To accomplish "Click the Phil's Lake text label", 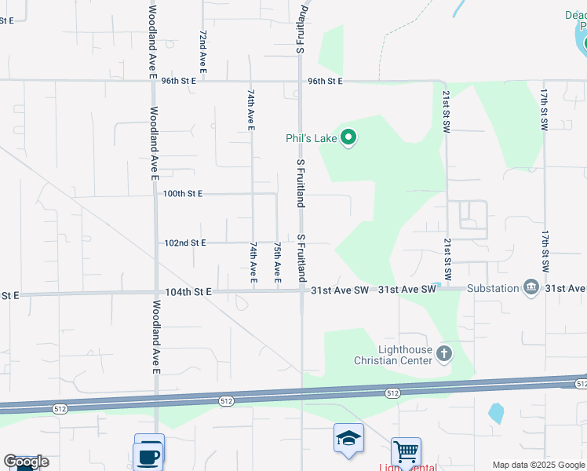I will coord(311,139).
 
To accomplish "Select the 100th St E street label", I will coord(183,193).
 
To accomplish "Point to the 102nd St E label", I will coord(184,243).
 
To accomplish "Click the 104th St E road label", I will coord(188,292).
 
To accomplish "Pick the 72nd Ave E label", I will coord(202,53).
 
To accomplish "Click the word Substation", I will coord(493,288).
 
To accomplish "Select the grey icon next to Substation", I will coord(531,288).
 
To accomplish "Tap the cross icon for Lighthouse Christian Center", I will coord(444,354).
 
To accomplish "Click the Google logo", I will coord(26,462).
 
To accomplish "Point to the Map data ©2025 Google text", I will coord(538,465).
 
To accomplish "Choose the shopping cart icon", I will coord(406,452).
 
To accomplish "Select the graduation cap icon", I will coord(348,438).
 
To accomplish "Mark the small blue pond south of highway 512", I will coord(495,413).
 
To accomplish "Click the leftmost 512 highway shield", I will coord(60,409).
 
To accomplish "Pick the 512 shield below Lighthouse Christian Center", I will coord(392,392).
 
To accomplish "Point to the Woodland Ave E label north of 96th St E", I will coord(153,41).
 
